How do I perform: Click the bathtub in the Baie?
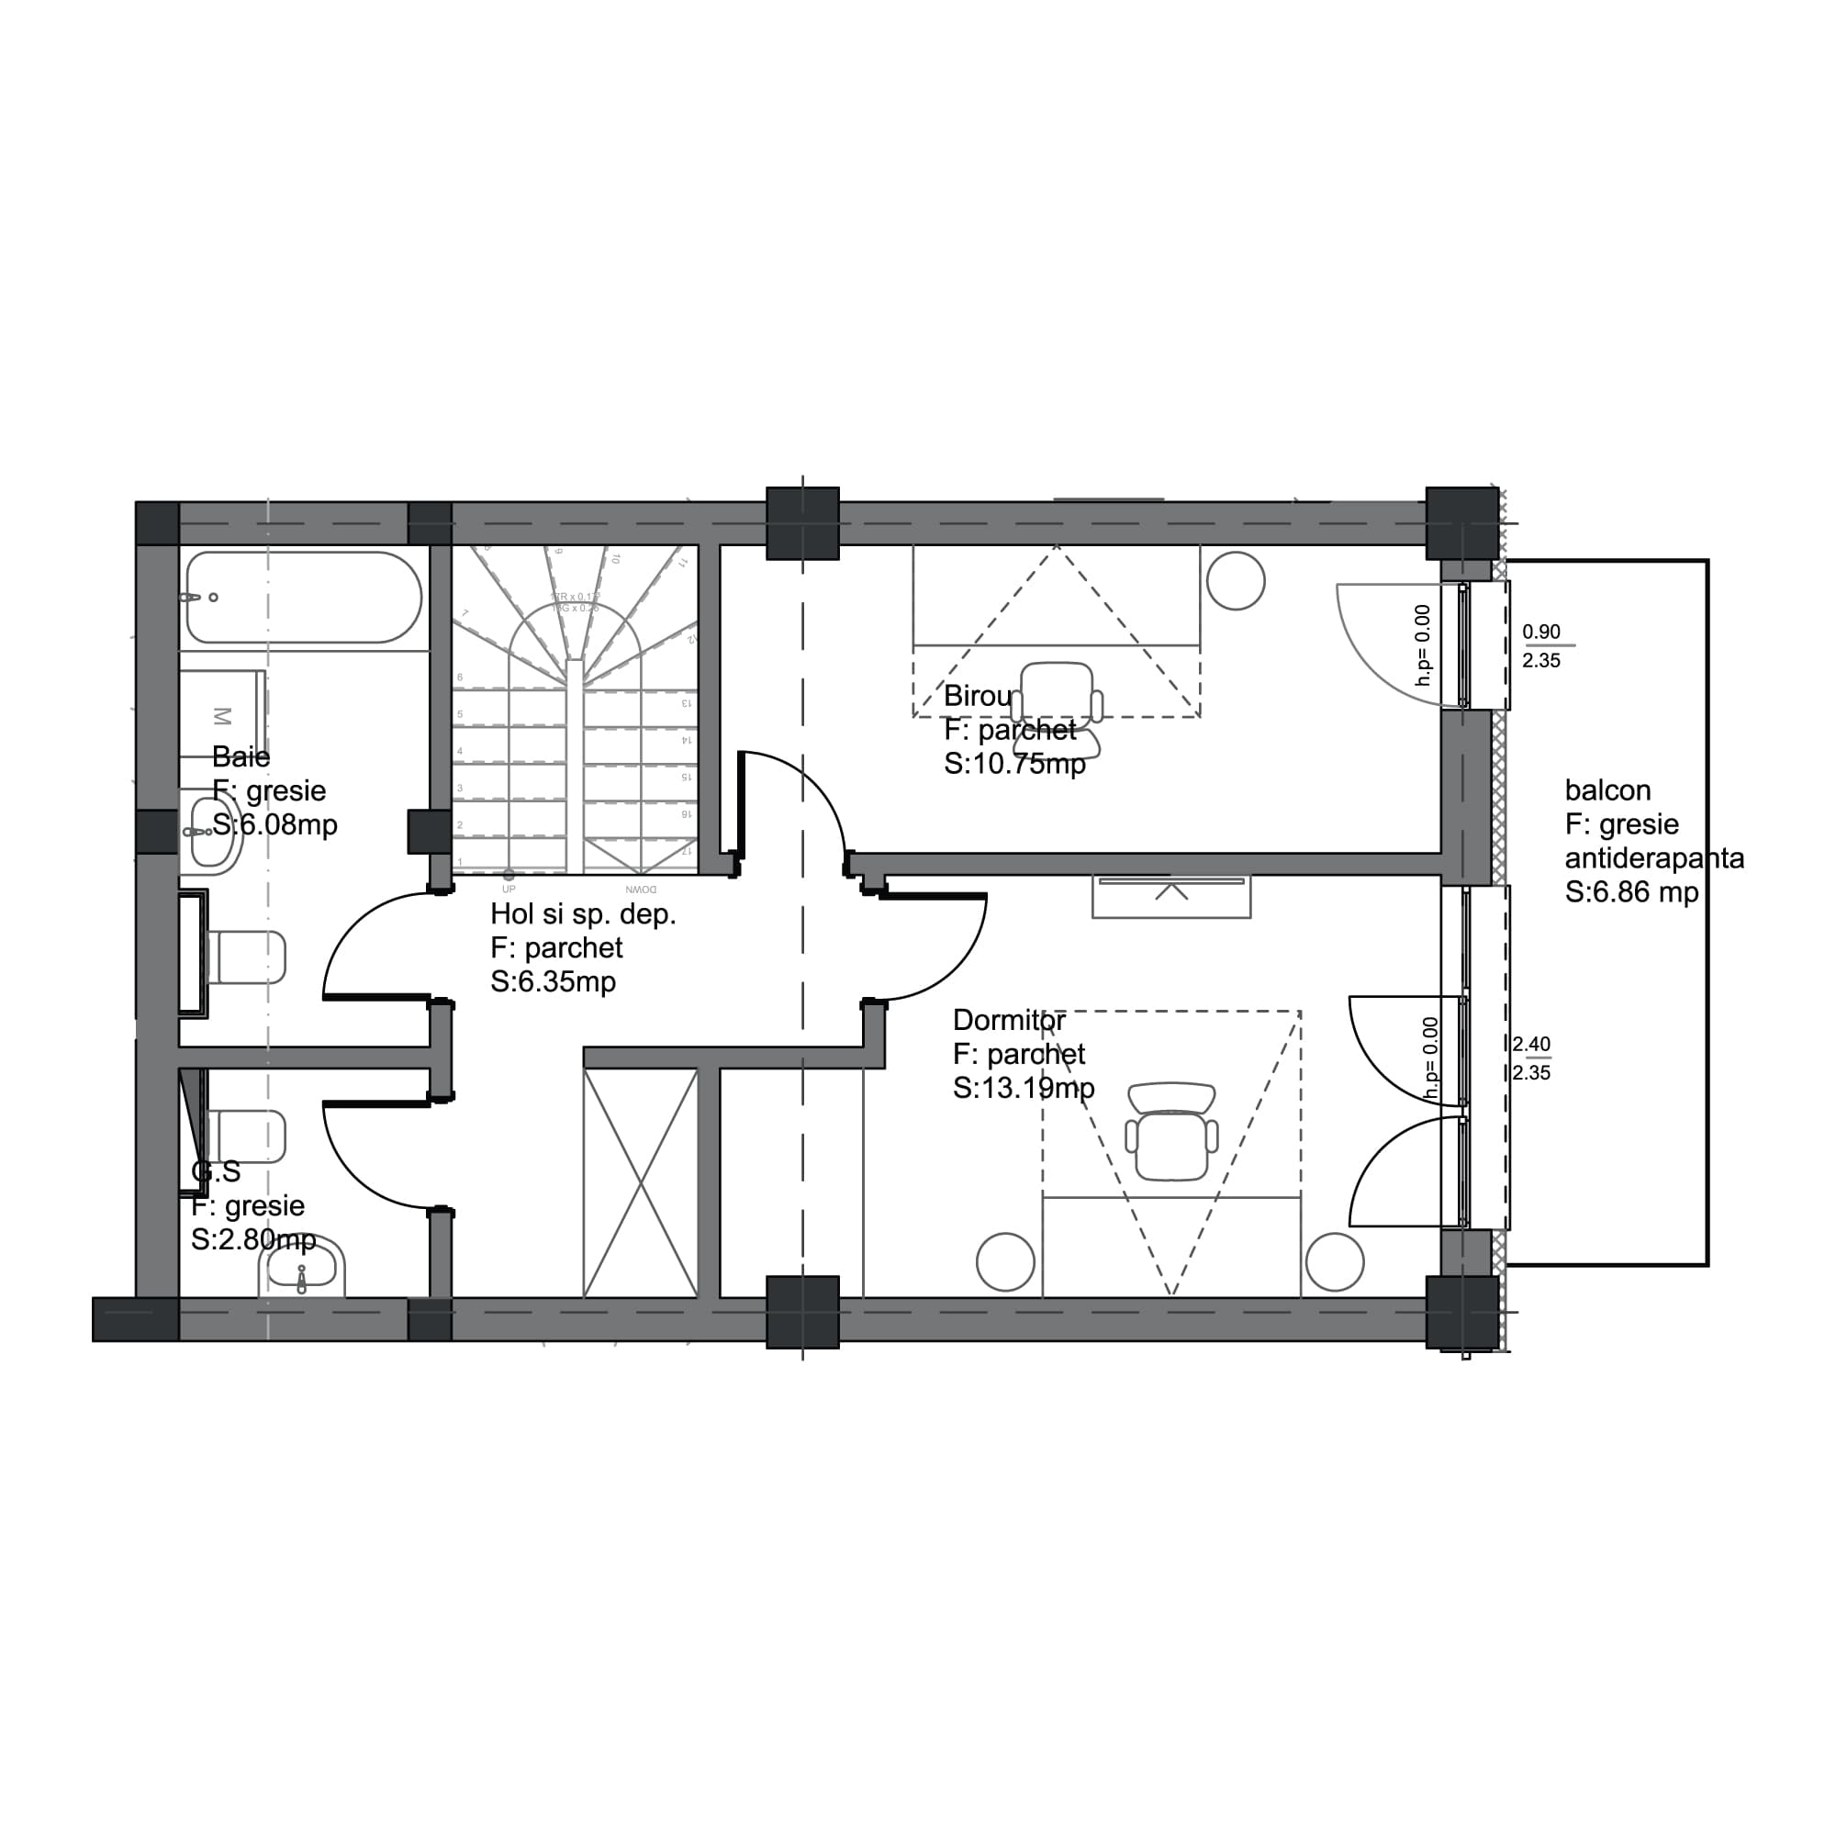point(304,598)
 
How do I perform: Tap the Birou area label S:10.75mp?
point(1014,764)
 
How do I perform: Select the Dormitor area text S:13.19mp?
point(1024,1088)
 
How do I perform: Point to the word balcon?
point(1607,790)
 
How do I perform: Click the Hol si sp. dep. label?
point(583,914)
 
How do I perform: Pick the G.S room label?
point(216,1172)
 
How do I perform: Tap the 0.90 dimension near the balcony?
point(1540,632)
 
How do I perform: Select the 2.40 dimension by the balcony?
point(1531,1045)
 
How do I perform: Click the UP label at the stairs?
point(509,890)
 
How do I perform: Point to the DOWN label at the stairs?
point(641,890)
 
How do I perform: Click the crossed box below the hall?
point(640,1182)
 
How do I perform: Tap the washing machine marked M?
point(222,714)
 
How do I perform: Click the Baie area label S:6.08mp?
point(274,825)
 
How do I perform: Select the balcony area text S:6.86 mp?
point(1630,892)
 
